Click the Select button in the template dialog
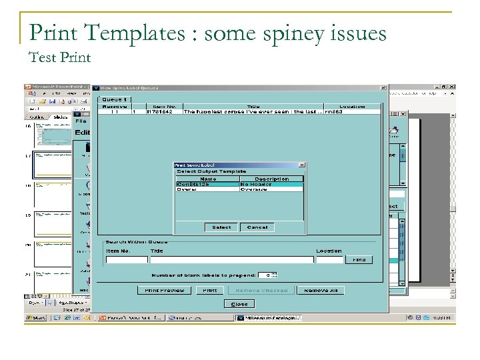coord(221,227)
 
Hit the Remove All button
coord(320,290)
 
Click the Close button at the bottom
coord(239,304)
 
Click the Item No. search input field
coord(126,260)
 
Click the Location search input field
coord(329,260)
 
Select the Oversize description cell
coord(271,189)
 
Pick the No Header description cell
coord(271,184)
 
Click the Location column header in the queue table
coord(351,106)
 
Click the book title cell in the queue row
coord(253,112)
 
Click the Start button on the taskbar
coord(37,318)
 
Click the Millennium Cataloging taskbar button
coord(269,318)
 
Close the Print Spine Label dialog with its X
coord(301,165)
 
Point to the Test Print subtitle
coord(60,57)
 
